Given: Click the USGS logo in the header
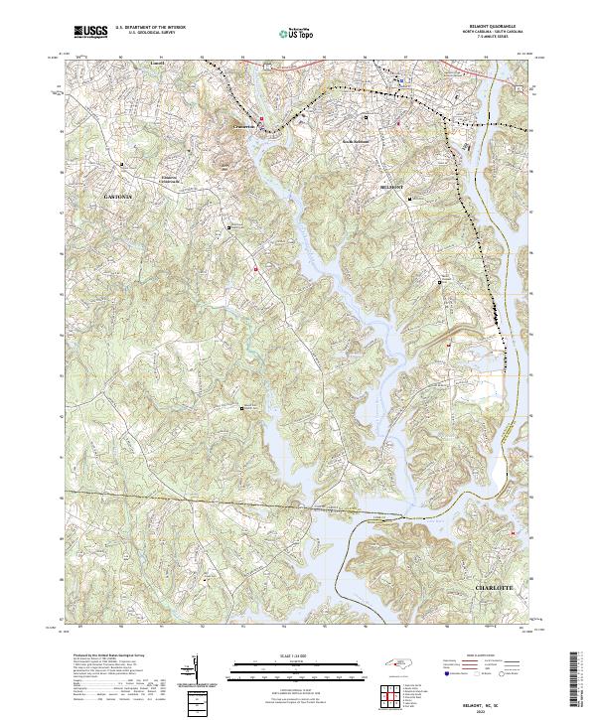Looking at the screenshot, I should pos(90,32).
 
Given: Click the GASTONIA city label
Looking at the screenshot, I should pos(117,198).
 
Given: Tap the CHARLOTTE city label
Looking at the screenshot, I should pos(495,588).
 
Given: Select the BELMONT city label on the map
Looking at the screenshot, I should pos(395,187).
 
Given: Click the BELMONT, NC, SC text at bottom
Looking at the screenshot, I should pos(494,701).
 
